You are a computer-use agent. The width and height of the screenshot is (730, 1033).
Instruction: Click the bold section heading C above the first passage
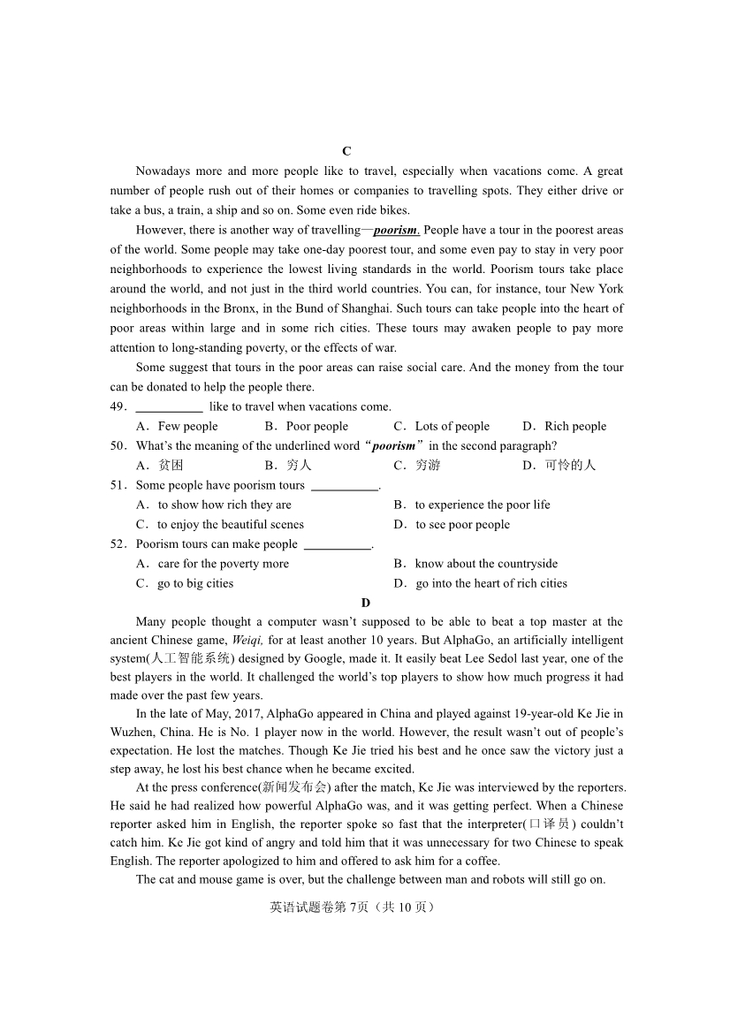[346, 151]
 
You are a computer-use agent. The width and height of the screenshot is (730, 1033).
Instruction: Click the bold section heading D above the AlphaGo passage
[366, 603]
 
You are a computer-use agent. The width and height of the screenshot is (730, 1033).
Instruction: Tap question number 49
[119, 406]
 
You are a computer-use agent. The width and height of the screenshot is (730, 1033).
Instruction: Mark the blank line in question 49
[169, 407]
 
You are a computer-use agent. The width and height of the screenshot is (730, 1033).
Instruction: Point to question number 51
[119, 485]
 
